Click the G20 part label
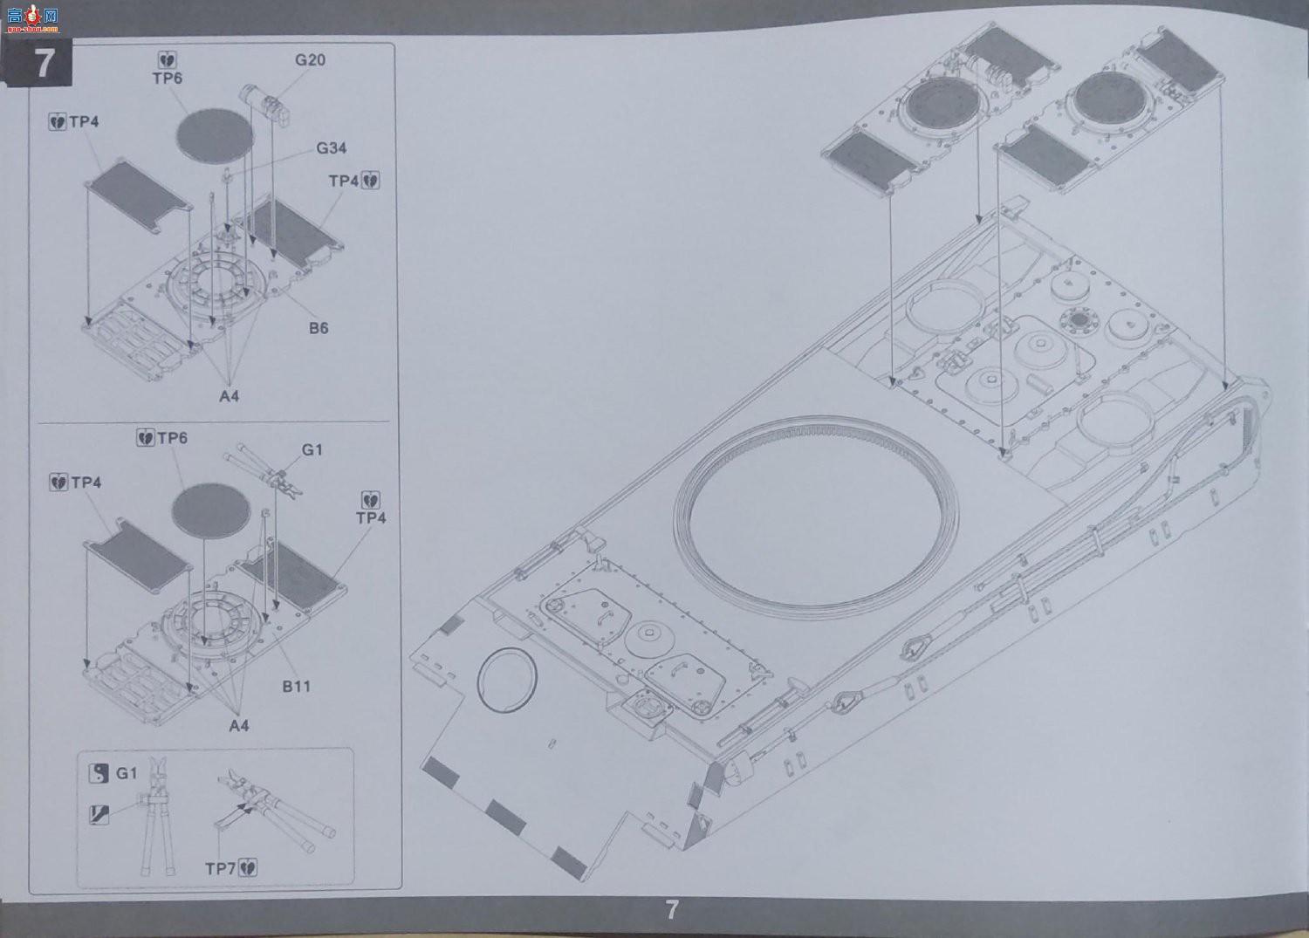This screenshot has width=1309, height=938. pos(310,60)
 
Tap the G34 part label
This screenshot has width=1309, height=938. pos(332,148)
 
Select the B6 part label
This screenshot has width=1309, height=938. pos(319,328)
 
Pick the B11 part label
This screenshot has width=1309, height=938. pos(297,686)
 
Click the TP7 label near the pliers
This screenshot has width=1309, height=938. pos(220,869)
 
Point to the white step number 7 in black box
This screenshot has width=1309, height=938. pos(45,63)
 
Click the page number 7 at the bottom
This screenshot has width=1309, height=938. pos(672,910)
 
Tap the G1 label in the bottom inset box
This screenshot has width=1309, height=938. pos(127,773)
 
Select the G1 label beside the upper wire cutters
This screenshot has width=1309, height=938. pos(312,450)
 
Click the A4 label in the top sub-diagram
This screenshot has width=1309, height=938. pos(229,396)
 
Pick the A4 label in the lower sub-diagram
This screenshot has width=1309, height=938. pos(239,726)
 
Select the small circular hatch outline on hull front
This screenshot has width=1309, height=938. pos(507,680)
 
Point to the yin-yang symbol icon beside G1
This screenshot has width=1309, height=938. pos(98,774)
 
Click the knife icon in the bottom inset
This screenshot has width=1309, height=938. pos(98,815)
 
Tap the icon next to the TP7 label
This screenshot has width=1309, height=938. pos(249,868)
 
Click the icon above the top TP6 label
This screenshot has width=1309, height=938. pos(168,60)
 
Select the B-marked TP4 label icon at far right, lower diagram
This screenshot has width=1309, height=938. pos(371,500)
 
